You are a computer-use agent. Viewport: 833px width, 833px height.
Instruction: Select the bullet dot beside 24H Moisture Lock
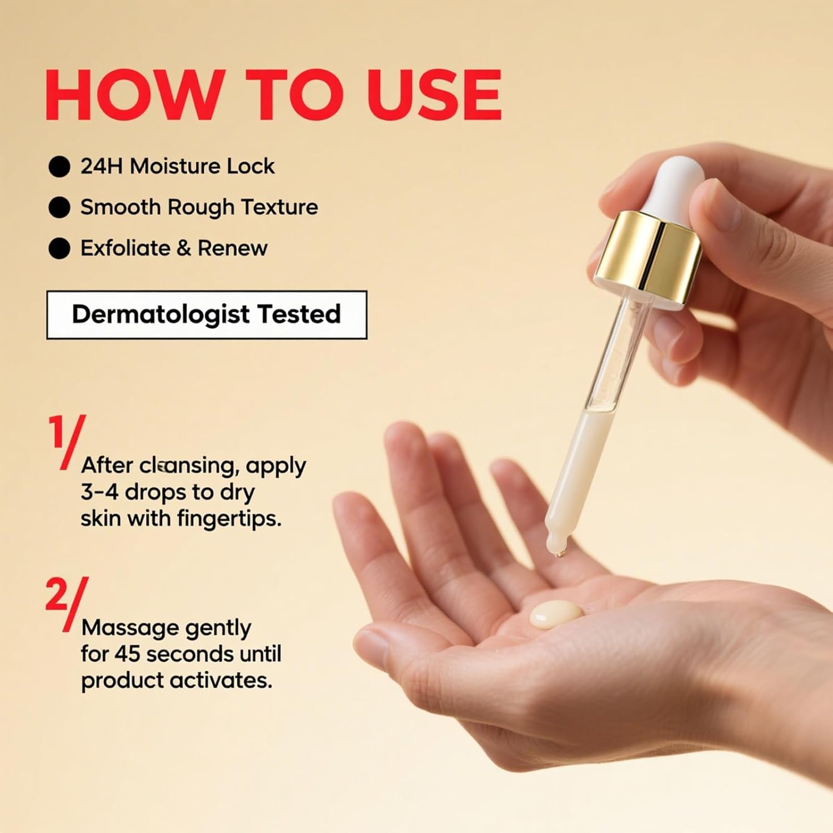[x=59, y=167]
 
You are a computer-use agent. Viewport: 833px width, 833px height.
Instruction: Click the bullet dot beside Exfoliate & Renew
[x=59, y=248]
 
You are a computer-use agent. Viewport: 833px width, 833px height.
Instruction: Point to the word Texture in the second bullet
[x=279, y=207]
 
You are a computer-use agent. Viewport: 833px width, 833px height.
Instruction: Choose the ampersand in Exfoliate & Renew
[x=183, y=248]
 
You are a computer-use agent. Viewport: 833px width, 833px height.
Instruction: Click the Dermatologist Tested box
[x=207, y=314]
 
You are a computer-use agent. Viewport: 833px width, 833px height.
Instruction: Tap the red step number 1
[x=56, y=431]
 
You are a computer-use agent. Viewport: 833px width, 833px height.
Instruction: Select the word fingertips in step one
[x=229, y=519]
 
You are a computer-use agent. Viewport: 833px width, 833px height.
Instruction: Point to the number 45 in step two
[x=127, y=654]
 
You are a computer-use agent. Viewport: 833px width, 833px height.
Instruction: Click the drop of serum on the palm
[x=556, y=614]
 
